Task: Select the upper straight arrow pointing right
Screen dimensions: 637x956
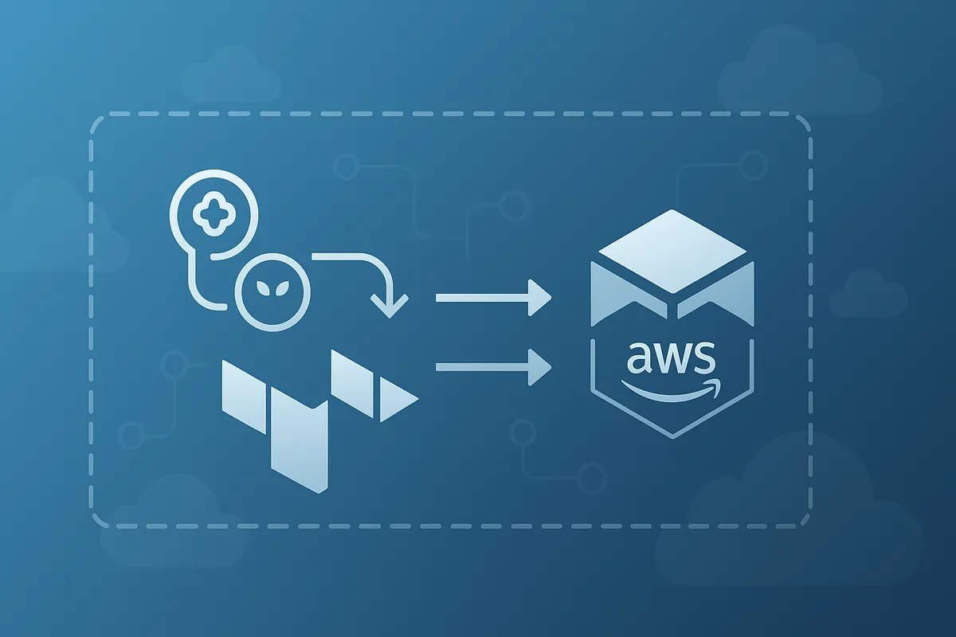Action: (494, 299)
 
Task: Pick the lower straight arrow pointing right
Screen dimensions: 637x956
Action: (494, 366)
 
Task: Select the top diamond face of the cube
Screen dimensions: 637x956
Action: (673, 243)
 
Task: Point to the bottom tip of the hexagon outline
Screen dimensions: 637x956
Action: (673, 436)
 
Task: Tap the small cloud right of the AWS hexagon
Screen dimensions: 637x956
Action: (868, 295)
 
